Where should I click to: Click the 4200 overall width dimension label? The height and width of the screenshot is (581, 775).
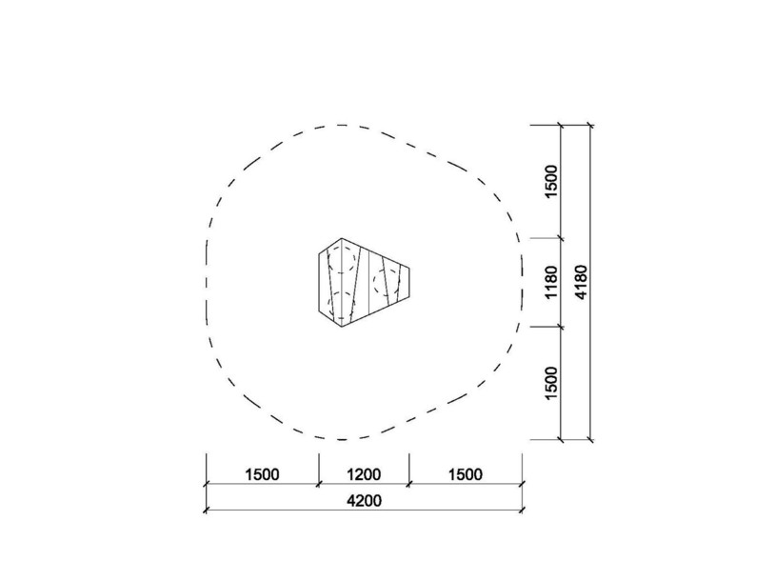(364, 501)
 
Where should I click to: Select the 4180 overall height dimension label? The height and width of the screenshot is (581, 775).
(582, 282)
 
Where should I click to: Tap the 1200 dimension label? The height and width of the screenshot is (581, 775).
(364, 474)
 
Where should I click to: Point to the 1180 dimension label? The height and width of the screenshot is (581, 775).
(551, 282)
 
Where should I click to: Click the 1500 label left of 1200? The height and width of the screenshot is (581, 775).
(262, 474)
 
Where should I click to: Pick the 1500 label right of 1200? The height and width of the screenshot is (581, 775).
(466, 474)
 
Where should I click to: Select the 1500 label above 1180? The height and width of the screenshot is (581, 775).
(551, 181)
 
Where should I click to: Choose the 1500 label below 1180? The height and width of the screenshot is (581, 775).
(551, 383)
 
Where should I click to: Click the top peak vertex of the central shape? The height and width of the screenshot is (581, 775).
(342, 238)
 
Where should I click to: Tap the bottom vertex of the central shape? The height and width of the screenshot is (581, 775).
(342, 327)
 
